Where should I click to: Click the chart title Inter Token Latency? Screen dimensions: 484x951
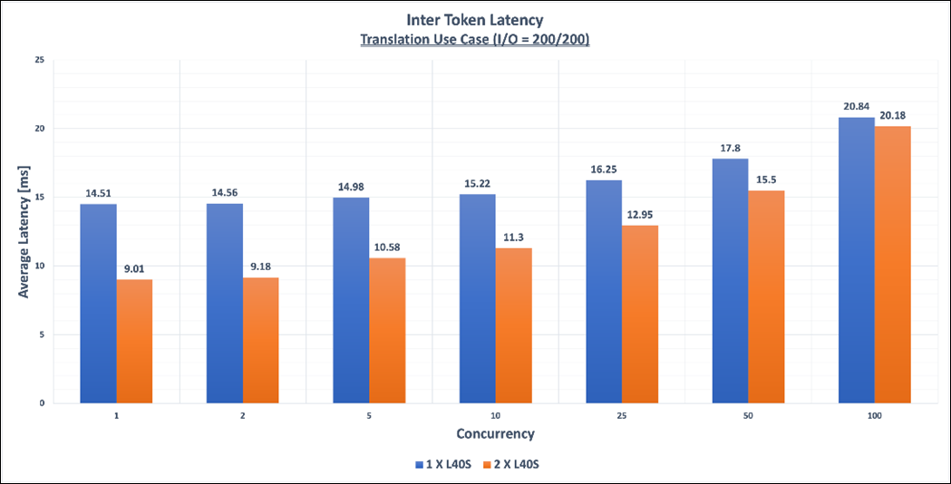click(475, 18)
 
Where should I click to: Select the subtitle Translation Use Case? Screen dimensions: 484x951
click(475, 39)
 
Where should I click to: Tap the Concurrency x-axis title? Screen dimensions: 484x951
click(495, 433)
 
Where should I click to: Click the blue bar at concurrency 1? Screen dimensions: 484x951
click(98, 304)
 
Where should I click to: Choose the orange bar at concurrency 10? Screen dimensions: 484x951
click(513, 325)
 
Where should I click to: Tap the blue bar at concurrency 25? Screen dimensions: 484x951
click(604, 291)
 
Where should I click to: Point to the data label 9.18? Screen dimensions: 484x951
click(260, 267)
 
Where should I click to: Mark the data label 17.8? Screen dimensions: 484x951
click(730, 150)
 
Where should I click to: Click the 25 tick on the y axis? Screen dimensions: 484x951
click(39, 60)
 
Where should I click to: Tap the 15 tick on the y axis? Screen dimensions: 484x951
click(39, 197)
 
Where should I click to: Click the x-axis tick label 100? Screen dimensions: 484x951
click(874, 414)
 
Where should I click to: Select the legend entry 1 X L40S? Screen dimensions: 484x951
click(443, 464)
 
